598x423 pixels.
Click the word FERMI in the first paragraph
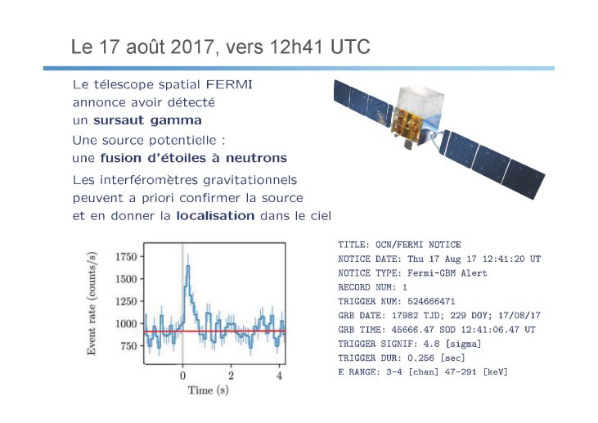point(229,84)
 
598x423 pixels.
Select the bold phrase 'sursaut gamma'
point(147,120)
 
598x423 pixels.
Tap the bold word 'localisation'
point(215,216)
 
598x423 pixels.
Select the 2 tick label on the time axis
point(231,376)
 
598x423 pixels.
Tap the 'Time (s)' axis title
point(209,389)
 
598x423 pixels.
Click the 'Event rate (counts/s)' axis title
point(92,304)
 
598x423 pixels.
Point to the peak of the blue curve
point(187,266)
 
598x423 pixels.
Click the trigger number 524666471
point(431,301)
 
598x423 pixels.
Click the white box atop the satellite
point(420,101)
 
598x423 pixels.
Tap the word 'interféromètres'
point(149,180)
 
